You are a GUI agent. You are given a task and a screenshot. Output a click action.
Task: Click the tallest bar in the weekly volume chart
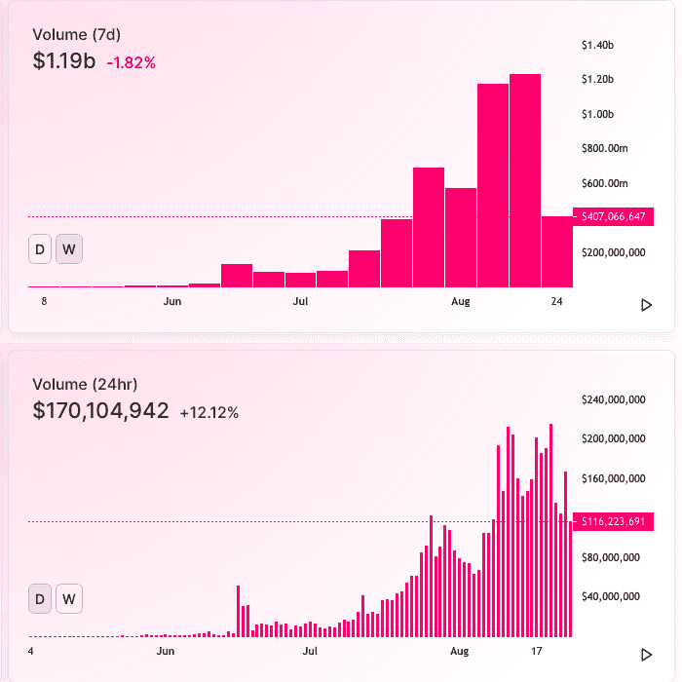(525, 180)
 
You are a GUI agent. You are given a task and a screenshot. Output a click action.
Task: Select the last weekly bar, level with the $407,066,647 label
(557, 251)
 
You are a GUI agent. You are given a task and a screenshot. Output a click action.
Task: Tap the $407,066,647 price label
(613, 216)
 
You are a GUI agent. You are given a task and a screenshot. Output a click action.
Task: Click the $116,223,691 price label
(613, 521)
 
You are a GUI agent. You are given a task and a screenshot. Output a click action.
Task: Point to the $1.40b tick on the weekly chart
(597, 45)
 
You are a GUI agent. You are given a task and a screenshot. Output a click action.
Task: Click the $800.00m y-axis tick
(605, 149)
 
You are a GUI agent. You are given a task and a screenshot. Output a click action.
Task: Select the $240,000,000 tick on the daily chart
(613, 399)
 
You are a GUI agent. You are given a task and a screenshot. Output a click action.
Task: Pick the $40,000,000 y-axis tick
(611, 596)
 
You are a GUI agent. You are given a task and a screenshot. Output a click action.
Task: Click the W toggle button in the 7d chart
(69, 249)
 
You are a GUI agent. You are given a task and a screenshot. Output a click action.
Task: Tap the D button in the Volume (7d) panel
(40, 249)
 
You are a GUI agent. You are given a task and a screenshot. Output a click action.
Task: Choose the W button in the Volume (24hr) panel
(69, 599)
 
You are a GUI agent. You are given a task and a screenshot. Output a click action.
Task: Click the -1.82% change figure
(131, 63)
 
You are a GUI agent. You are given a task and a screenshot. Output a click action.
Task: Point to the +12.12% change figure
(209, 413)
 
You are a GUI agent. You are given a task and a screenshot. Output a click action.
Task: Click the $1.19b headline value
(64, 60)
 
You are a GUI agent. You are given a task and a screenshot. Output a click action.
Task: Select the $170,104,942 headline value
(101, 410)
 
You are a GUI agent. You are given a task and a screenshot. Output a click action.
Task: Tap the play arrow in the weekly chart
(647, 305)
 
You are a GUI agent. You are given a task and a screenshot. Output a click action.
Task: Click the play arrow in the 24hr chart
(647, 655)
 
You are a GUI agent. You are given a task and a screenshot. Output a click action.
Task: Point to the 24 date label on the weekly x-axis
(556, 301)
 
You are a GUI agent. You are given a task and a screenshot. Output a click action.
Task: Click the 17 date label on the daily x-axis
(537, 651)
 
